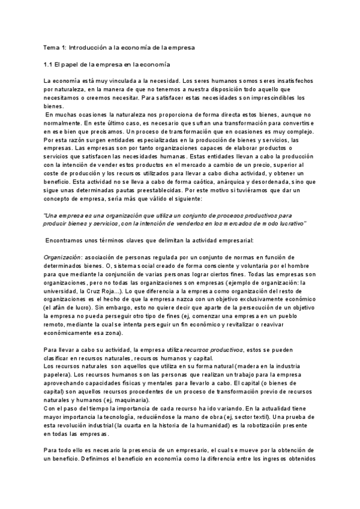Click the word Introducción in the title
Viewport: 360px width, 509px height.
pyautogui.click(x=89, y=47)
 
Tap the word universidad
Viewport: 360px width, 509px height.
pyautogui.click(x=64, y=291)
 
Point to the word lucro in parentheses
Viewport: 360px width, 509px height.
pyautogui.click(x=81, y=307)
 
